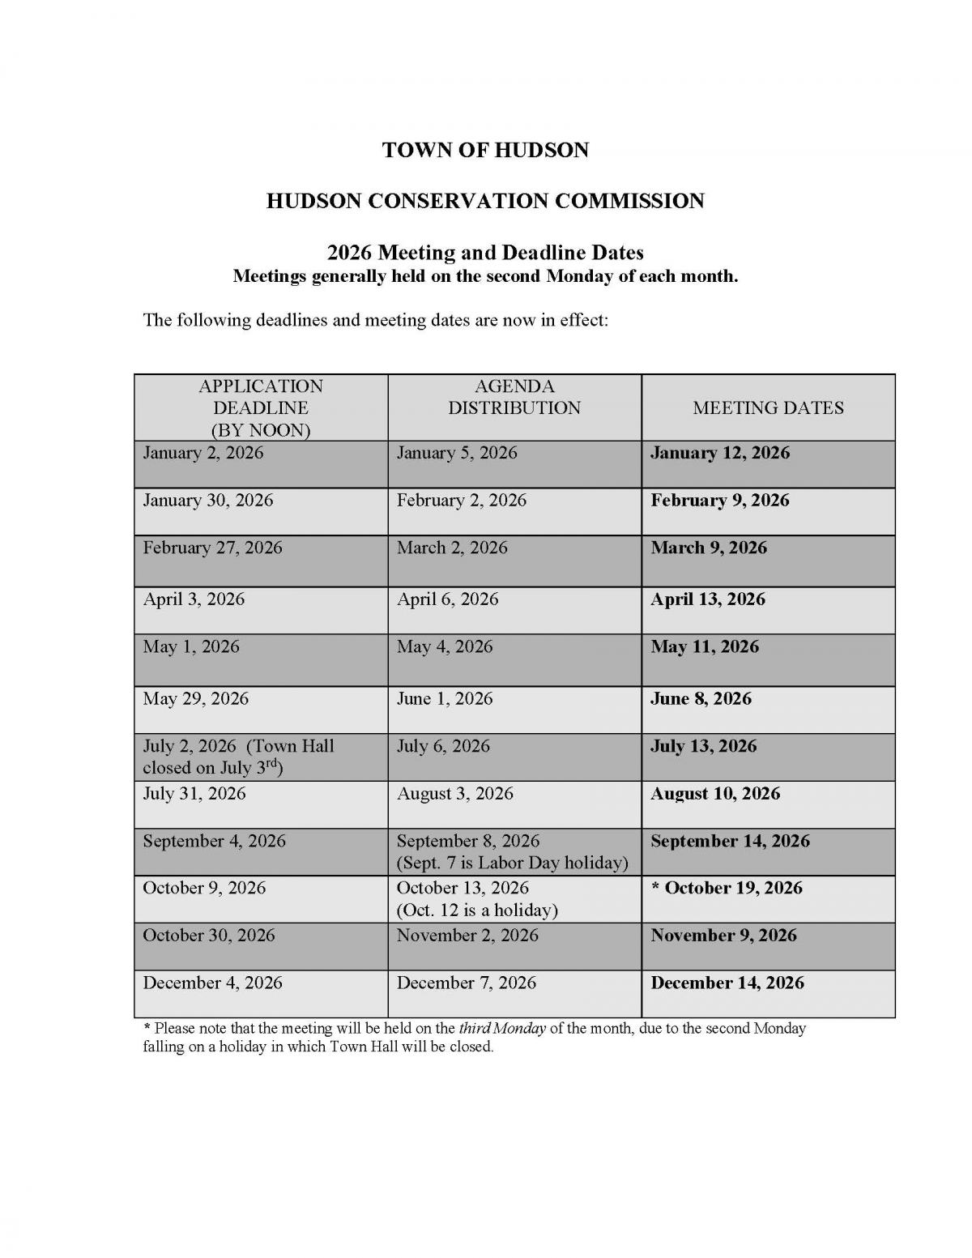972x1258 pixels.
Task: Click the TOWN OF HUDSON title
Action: (x=485, y=150)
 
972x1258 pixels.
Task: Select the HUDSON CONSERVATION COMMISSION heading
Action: (x=485, y=201)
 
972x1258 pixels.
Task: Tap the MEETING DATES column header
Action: (x=768, y=408)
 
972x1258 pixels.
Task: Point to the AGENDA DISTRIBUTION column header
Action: (x=514, y=398)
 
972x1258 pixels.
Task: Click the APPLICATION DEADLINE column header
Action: (x=261, y=408)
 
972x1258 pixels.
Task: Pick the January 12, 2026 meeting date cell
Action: (x=719, y=453)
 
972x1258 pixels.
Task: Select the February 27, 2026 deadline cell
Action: (x=212, y=548)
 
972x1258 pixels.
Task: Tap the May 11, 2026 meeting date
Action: (x=704, y=646)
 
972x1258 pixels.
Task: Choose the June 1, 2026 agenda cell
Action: (x=444, y=698)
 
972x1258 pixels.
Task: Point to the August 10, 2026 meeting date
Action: (x=714, y=794)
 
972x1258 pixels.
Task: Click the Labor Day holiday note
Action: (x=512, y=863)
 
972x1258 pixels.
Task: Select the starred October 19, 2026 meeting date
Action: (x=727, y=888)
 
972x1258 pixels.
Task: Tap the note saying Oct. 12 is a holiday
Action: (x=476, y=910)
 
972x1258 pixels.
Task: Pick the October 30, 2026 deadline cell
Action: (x=209, y=936)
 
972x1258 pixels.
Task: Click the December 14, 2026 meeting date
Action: (x=727, y=983)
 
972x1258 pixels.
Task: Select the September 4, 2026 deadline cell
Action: (x=214, y=841)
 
